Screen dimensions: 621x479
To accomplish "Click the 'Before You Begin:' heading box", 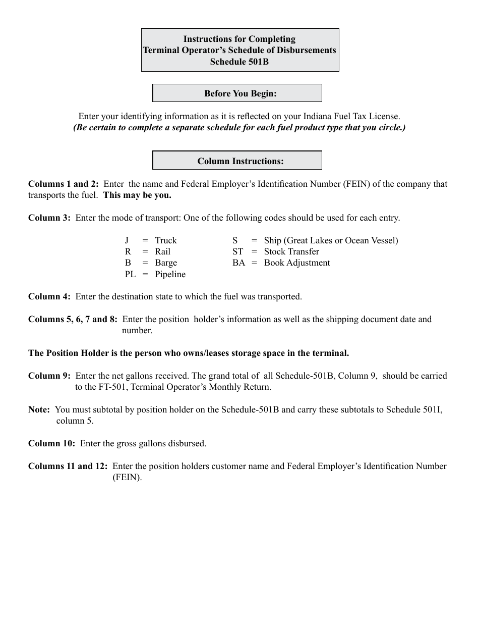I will point(237,93).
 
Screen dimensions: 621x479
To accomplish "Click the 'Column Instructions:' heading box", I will point(237,161).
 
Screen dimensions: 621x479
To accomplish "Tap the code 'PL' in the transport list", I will point(130,274).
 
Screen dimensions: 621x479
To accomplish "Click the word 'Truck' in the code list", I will point(166,240).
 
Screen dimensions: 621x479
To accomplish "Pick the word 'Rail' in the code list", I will point(163,251).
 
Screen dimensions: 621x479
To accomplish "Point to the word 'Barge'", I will point(166,263).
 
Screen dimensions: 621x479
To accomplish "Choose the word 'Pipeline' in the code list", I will point(170,274).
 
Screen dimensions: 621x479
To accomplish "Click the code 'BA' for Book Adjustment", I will point(238,263).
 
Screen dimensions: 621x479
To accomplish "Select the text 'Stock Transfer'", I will point(291,251).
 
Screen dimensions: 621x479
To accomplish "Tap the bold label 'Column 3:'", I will point(49,218).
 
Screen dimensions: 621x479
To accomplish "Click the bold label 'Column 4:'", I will point(49,296).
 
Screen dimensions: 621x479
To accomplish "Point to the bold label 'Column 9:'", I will point(49,376).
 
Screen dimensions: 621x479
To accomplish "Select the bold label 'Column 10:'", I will point(52,443).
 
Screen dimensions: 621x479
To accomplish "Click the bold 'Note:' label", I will point(39,409).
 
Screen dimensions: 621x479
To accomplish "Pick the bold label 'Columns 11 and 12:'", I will point(68,466).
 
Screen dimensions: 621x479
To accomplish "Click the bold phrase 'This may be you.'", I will point(137,195).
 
